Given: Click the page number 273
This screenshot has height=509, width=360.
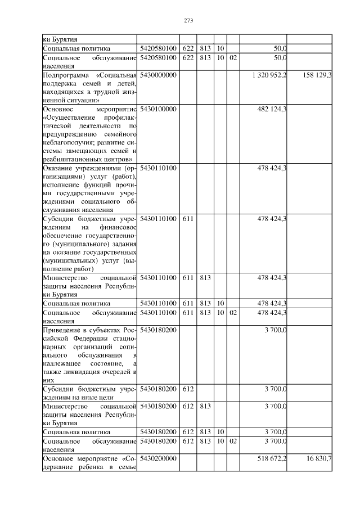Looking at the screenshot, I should pyautogui.click(x=188, y=21).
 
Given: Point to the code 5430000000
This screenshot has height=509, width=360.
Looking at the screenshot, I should pyautogui.click(x=159, y=75).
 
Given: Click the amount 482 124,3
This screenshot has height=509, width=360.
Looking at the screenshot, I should pyautogui.click(x=272, y=109).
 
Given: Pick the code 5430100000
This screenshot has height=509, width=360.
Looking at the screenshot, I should pyautogui.click(x=159, y=109).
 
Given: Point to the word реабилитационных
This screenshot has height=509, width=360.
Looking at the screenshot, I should pyautogui.click(x=74, y=159).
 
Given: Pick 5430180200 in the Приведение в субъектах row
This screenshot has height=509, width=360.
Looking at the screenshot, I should pyautogui.click(x=159, y=330).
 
